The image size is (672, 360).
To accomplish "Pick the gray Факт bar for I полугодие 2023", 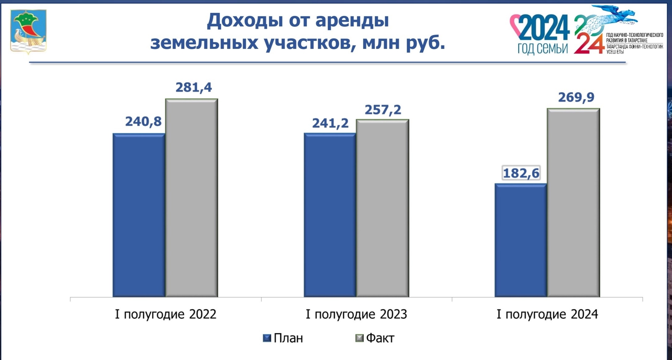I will tap(382, 208).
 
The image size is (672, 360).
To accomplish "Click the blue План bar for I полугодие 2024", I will tap(521, 240).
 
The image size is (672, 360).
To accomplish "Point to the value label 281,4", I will tap(194, 87).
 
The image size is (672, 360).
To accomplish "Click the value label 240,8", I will tap(143, 122).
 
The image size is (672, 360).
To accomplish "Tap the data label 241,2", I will tap(330, 123).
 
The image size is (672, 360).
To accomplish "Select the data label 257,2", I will tap(383, 110).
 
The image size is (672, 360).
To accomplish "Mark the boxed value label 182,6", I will tap(521, 173).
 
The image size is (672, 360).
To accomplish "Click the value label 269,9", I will tap(576, 97).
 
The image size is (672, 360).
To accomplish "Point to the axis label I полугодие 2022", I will tap(166, 314).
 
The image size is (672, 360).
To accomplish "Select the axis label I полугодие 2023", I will tap(356, 314).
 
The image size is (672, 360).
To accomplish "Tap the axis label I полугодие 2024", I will tap(547, 314).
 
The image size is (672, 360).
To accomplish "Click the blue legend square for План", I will tap(267, 338).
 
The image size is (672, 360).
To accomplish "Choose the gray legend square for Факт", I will tap(359, 338).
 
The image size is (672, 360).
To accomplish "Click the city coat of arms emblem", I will tap(28, 31).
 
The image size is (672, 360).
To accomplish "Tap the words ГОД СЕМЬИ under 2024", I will tap(542, 48).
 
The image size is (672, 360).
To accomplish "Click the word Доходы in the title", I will tap(245, 21).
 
